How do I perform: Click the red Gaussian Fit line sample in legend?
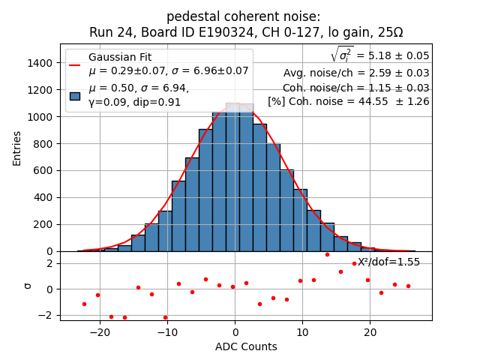(x=75, y=64)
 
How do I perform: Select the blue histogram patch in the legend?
(x=75, y=95)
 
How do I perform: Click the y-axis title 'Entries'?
(x=17, y=148)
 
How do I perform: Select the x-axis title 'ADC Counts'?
(x=246, y=346)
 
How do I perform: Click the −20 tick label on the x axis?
(x=100, y=332)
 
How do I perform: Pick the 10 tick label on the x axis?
(x=302, y=332)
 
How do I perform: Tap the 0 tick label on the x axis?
(x=235, y=332)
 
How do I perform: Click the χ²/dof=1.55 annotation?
(x=388, y=262)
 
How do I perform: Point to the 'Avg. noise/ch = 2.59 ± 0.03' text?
(x=356, y=73)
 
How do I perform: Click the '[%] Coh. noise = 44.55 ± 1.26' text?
(x=349, y=101)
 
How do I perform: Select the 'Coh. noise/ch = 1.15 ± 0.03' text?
(x=356, y=88)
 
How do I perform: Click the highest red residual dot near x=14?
(x=327, y=254)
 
